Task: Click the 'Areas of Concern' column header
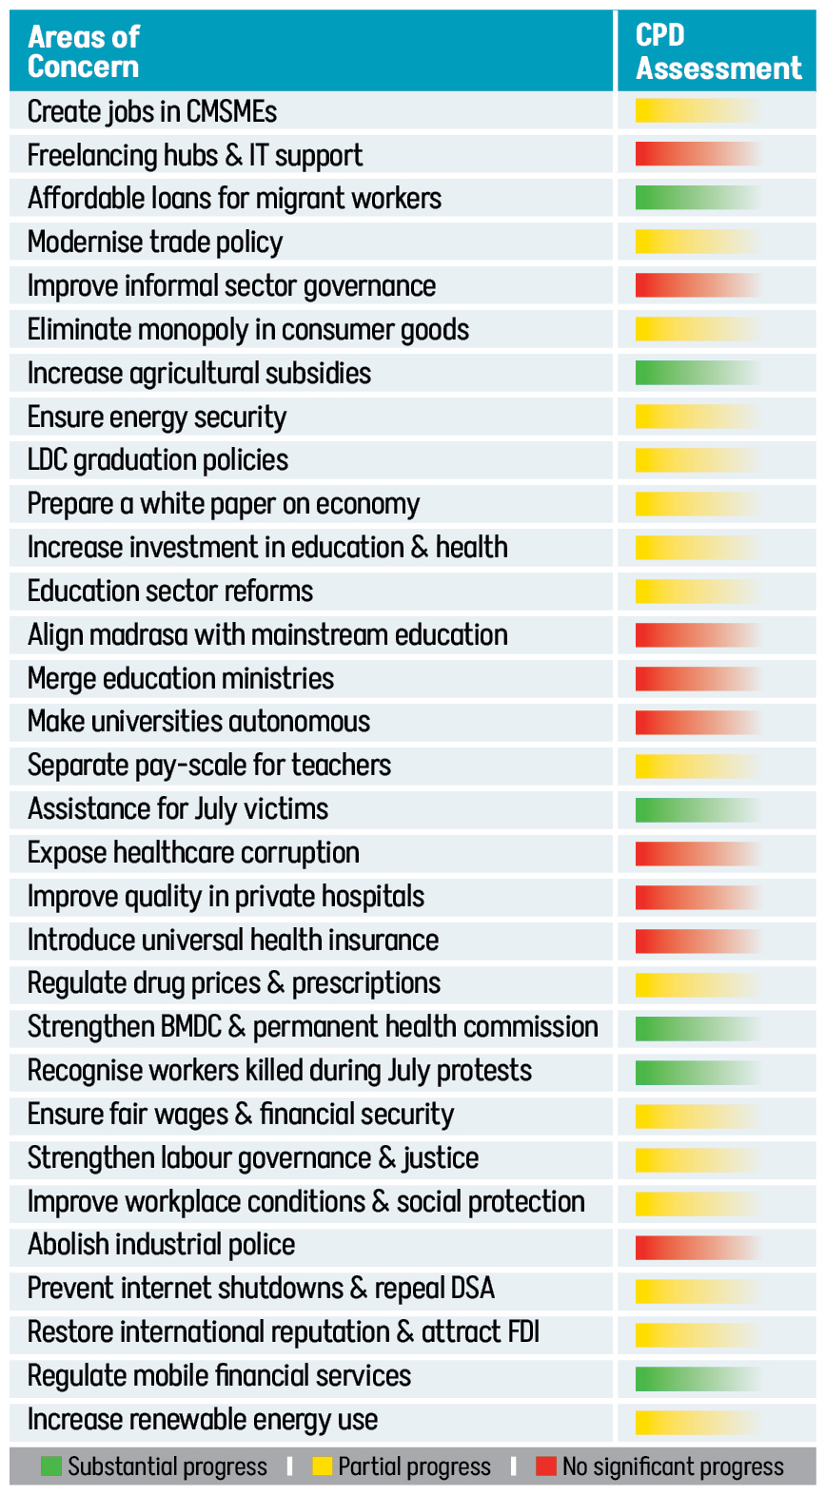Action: [84, 51]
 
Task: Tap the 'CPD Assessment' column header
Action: [718, 51]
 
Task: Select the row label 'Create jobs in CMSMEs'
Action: [152, 111]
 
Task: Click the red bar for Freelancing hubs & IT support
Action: [698, 154]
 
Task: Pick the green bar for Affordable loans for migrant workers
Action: [698, 198]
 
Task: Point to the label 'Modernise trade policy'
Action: [155, 242]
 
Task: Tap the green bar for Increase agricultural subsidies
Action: [698, 373]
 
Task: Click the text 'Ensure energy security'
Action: [157, 417]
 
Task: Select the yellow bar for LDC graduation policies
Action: [698, 460]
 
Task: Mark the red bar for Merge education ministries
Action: [698, 678]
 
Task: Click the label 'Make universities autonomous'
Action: [199, 722]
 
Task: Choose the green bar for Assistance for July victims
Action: [698, 809]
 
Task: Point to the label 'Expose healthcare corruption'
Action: [193, 853]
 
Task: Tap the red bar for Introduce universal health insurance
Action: [698, 941]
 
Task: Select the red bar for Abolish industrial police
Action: [698, 1246]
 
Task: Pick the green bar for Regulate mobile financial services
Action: [698, 1377]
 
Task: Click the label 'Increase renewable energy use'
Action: [203, 1420]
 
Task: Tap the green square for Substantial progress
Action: [51, 1466]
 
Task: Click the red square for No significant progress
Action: [546, 1466]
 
